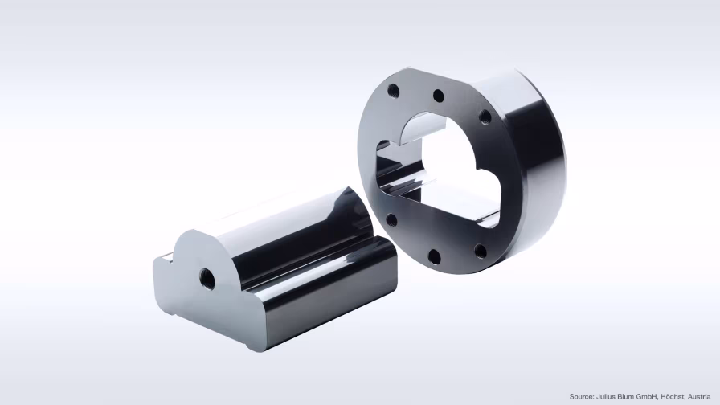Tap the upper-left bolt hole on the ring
click(393, 90)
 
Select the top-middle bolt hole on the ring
click(438, 96)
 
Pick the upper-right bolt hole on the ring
click(485, 117)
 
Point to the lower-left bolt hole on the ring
click(391, 219)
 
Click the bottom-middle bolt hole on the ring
click(434, 256)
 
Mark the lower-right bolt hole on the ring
click(480, 251)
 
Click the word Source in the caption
click(583, 396)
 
